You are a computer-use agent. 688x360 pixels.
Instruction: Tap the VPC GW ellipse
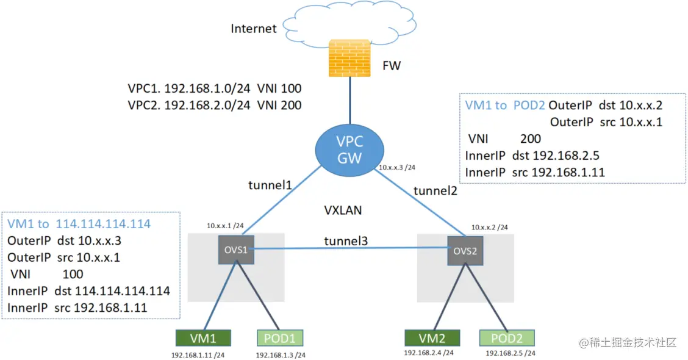coord(349,150)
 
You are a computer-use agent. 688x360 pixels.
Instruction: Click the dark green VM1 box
coord(203,337)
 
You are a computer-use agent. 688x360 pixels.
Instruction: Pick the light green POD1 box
coord(280,337)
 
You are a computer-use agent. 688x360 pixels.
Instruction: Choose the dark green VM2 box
coord(432,337)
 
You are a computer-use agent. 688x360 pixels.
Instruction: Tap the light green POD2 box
coord(507,337)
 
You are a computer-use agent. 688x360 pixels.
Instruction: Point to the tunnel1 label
coord(270,184)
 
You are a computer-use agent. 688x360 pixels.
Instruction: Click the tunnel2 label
coord(435,191)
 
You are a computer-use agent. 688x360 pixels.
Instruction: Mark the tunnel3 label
coord(346,242)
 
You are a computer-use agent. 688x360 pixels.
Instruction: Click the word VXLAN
coord(343,211)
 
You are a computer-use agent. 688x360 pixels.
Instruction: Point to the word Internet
coord(254,29)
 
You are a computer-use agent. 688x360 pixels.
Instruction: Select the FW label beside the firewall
coord(391,65)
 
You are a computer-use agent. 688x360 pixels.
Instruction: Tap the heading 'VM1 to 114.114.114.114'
coord(79,223)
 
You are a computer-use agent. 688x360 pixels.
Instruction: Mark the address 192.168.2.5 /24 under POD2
coord(510,353)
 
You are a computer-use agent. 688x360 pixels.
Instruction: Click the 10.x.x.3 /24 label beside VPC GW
coord(400,167)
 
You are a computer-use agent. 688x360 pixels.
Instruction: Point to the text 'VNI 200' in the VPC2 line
coord(280,105)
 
